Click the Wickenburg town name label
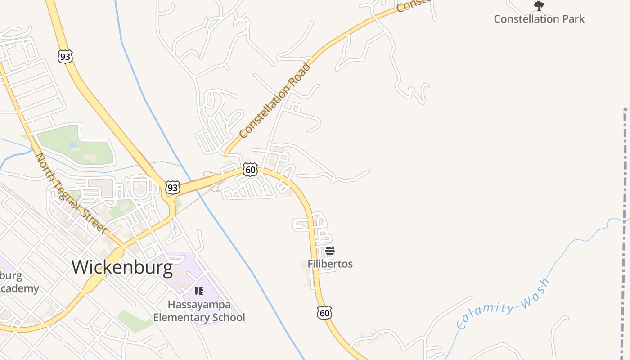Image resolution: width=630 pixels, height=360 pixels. tap(122, 267)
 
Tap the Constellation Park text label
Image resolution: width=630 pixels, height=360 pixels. tap(539, 19)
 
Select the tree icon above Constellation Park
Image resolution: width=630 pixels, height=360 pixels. tap(539, 6)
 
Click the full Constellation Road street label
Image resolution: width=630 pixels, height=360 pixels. tap(275, 100)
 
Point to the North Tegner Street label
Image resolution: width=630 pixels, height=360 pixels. tap(77, 193)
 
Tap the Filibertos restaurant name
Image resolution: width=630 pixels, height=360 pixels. tap(330, 264)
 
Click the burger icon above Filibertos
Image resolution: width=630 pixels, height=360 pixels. tap(330, 251)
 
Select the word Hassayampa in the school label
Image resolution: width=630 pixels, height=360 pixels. tap(199, 305)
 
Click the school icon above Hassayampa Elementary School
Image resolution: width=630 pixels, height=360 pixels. tap(199, 291)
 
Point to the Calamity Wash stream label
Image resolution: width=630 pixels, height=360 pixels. tap(503, 304)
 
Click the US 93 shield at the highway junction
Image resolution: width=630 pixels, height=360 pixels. tap(172, 187)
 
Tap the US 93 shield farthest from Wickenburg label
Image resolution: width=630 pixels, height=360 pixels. tap(65, 56)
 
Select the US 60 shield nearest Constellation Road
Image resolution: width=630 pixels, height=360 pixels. tap(250, 170)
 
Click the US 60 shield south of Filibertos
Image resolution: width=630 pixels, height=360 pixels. tap(324, 313)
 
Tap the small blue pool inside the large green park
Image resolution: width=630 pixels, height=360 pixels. tap(72, 146)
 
